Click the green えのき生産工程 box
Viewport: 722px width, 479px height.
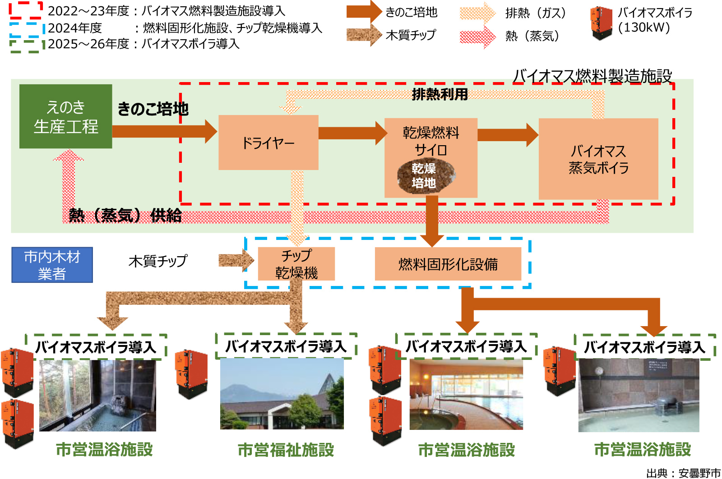(65, 116)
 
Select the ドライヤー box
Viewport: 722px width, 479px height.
(268, 143)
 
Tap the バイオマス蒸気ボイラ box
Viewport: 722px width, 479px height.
(598, 159)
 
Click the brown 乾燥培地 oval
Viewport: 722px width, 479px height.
(425, 176)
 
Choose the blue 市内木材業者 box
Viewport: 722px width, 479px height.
(52, 265)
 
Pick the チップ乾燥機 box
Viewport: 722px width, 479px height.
(296, 264)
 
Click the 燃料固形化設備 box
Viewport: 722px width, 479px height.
(448, 264)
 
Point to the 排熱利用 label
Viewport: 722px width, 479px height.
(440, 94)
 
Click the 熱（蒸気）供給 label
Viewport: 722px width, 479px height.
(125, 215)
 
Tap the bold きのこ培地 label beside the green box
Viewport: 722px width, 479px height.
(153, 109)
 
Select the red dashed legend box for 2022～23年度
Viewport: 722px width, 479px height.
(26, 10)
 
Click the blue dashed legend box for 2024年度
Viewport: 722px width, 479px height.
(26, 28)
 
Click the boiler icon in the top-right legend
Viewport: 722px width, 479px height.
(602, 23)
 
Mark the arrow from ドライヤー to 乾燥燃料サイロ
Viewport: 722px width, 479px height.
(352, 133)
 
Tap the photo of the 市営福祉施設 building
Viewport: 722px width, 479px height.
(282, 394)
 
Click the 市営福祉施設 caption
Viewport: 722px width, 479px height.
(286, 450)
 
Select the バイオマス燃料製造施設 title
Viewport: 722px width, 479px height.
(592, 76)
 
